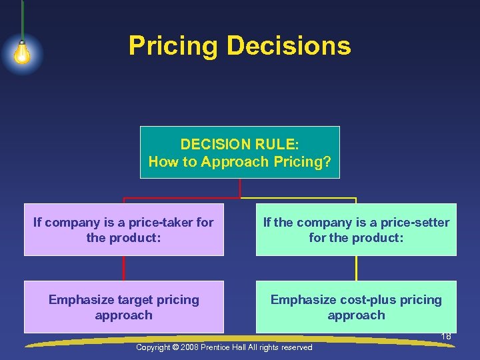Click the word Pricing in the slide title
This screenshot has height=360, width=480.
click(x=173, y=46)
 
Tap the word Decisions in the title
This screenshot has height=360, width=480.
click(x=289, y=46)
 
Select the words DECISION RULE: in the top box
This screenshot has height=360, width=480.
click(x=240, y=144)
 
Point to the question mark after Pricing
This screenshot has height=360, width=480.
click(x=327, y=161)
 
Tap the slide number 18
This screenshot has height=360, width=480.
click(x=446, y=337)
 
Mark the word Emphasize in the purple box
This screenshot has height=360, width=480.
click(x=78, y=300)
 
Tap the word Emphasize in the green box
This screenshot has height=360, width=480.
click(x=300, y=300)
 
